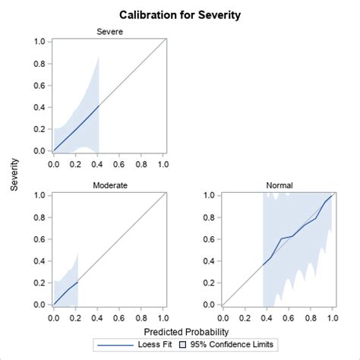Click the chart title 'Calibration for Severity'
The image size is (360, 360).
tap(180, 14)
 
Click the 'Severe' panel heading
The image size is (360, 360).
tap(109, 31)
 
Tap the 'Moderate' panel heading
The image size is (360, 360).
tap(109, 185)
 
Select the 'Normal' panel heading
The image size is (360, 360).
tap(278, 185)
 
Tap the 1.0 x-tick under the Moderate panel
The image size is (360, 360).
tap(163, 317)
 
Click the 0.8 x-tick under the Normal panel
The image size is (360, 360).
tap(310, 317)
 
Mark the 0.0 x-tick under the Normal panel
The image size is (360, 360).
tap(223, 317)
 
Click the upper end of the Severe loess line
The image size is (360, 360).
tap(99, 106)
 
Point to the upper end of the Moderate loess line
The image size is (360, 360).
tap(77, 282)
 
